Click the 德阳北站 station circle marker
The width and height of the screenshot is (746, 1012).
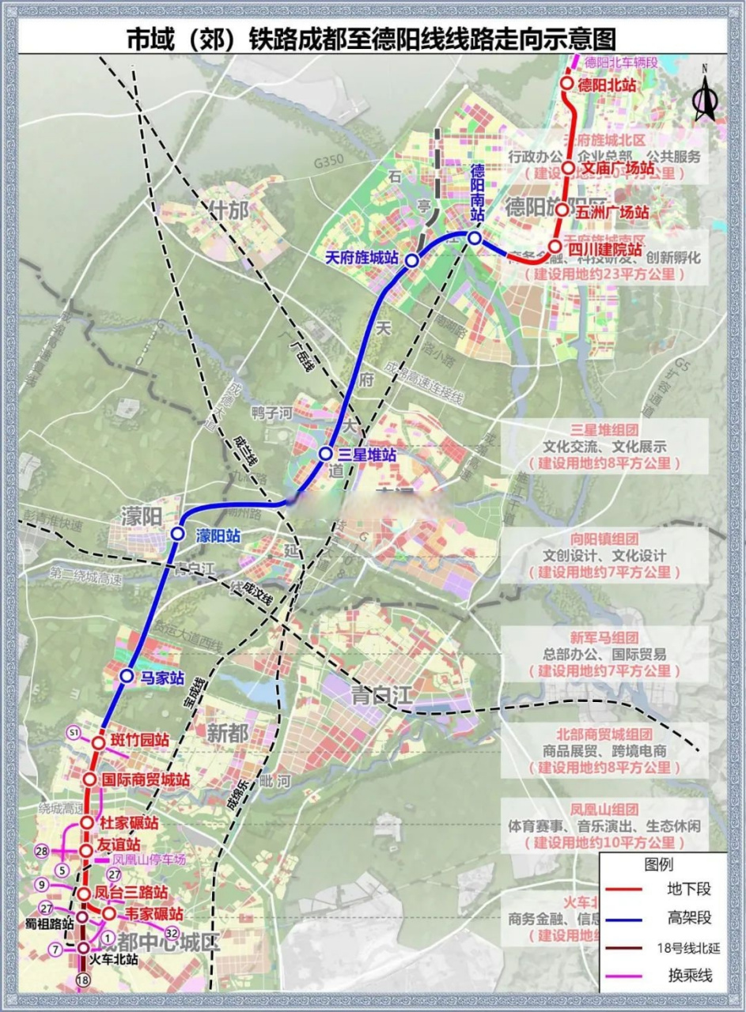click(567, 83)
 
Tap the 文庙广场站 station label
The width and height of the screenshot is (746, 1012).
click(617, 168)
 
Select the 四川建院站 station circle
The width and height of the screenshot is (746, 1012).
click(555, 246)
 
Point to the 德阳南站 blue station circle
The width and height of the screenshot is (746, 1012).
click(474, 237)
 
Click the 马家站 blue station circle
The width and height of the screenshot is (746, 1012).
click(127, 676)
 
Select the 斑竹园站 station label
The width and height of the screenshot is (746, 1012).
click(140, 741)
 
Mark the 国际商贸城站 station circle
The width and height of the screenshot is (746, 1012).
click(89, 780)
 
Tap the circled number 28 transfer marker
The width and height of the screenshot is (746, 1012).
click(43, 851)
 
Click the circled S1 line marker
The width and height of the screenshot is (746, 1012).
click(74, 733)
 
